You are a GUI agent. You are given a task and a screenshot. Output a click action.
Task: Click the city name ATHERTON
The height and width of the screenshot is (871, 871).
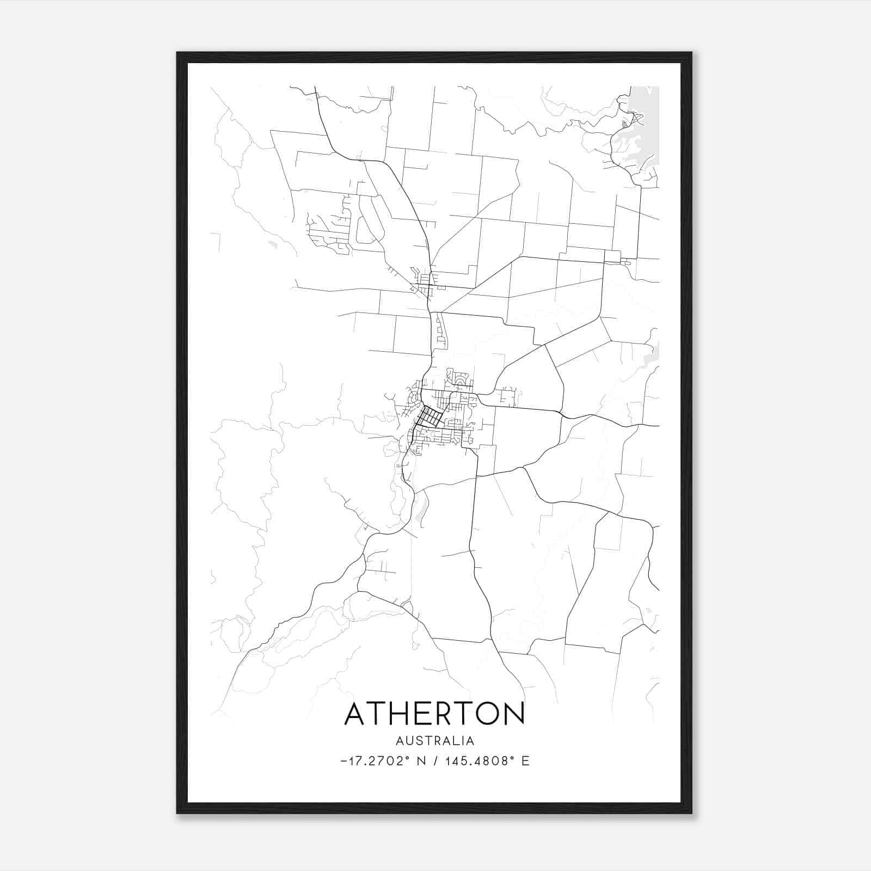click(434, 714)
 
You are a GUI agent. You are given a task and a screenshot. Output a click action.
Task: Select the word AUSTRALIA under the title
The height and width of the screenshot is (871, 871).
click(434, 741)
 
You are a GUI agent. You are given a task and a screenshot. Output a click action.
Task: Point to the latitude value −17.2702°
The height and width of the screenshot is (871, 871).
click(375, 761)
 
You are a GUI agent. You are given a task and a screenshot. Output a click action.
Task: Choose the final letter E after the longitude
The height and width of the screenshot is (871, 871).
click(525, 761)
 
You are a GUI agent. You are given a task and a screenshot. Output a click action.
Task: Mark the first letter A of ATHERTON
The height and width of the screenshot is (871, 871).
click(355, 714)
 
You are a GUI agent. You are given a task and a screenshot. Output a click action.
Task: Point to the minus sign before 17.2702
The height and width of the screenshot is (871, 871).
click(343, 761)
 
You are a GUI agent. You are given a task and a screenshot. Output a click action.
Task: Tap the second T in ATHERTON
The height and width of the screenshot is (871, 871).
click(464, 714)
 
